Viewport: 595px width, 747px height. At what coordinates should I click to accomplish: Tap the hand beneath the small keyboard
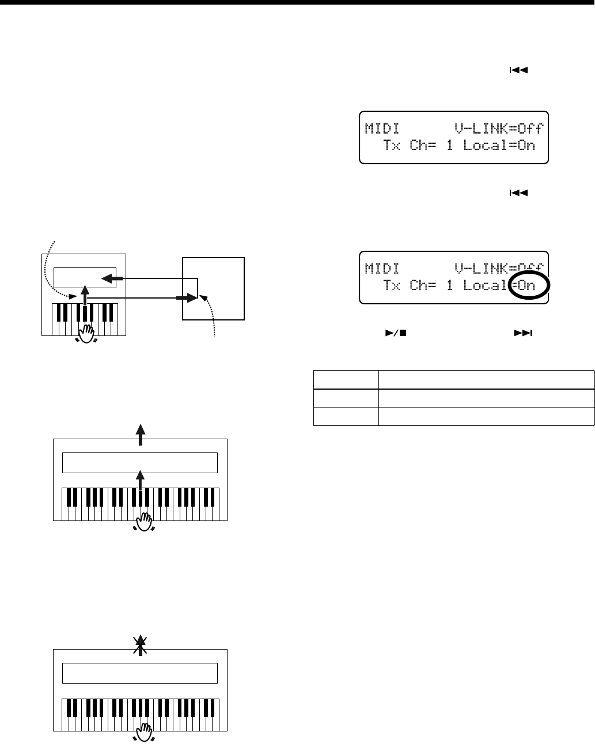(88, 332)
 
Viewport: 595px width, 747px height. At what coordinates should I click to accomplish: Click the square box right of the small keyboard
(214, 288)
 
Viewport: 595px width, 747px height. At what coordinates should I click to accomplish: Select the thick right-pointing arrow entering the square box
(184, 298)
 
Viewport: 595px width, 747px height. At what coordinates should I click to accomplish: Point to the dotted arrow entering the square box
(210, 314)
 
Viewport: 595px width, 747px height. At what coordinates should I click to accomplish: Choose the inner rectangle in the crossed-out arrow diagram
(139, 673)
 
